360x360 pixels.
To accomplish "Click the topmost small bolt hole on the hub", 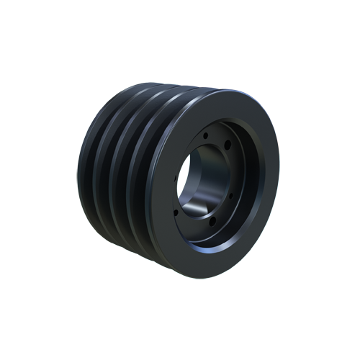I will click(x=206, y=135).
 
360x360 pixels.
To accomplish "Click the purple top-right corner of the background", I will click(x=270, y=90).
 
